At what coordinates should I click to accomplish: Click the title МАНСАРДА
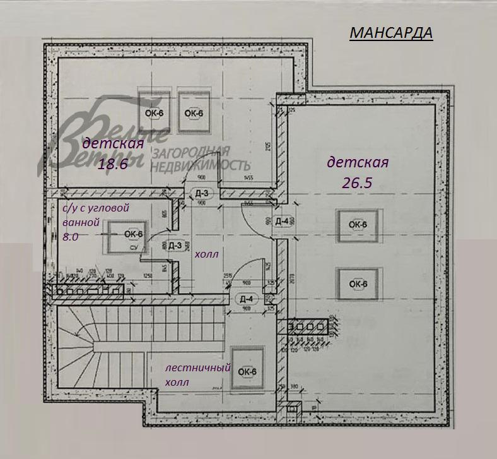pyautogui.click(x=391, y=33)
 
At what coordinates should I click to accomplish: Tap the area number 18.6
pyautogui.click(x=114, y=164)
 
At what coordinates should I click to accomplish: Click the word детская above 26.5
pyautogui.click(x=358, y=162)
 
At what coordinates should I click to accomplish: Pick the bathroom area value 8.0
pyautogui.click(x=71, y=237)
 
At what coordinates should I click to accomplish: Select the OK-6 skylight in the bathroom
pyautogui.click(x=132, y=234)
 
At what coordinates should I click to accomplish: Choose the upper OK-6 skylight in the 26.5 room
pyautogui.click(x=358, y=225)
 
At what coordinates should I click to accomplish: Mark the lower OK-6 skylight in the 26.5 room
pyautogui.click(x=358, y=283)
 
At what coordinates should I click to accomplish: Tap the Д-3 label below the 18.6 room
pyautogui.click(x=202, y=193)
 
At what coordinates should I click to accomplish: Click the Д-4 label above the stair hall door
pyautogui.click(x=246, y=299)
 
